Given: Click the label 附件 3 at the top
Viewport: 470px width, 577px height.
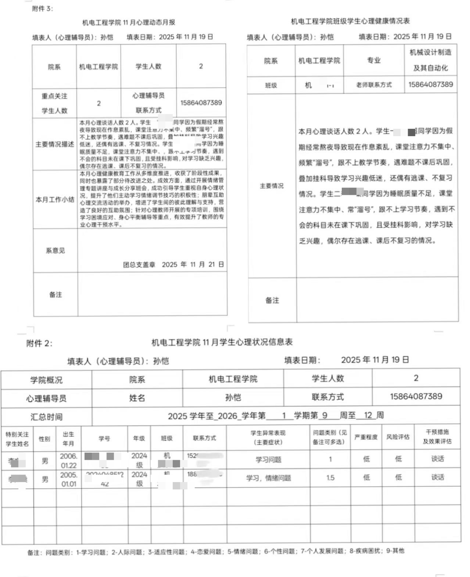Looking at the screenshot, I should pos(42,9).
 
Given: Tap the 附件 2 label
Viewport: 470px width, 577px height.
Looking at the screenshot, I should pos(39,343).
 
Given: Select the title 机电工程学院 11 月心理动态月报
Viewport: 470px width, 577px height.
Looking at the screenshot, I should pos(129,23).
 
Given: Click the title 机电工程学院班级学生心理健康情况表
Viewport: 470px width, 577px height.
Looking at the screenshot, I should pos(350,22).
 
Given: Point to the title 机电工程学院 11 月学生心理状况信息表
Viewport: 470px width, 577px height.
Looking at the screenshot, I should pos(222,342).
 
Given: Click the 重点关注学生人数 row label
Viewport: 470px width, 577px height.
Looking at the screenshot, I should pos(54,103).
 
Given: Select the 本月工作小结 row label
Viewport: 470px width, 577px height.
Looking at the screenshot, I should pos(55,200).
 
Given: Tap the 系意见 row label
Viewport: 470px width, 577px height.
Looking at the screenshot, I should pos(55,250).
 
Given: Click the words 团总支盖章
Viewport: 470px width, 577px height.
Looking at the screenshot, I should pos(139,265).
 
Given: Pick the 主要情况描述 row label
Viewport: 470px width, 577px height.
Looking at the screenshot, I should pos(55,144).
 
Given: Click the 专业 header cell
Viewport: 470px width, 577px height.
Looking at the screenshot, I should pos(374,60).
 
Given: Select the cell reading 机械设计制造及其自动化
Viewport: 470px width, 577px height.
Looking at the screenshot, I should pos(430,60).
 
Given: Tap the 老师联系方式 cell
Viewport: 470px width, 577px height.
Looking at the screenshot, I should pos(374,85).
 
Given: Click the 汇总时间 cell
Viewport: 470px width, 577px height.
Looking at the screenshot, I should pos(46,417).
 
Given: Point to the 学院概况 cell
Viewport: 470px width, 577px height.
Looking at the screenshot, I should pos(46,380).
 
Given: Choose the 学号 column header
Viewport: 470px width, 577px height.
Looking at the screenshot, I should pos(105,439).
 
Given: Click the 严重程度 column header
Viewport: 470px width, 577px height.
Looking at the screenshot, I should pos(366,437).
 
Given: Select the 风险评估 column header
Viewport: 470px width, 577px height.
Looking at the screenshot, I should pos(398,437).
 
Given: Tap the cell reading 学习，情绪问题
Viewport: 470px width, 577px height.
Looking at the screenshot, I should pos(268,478).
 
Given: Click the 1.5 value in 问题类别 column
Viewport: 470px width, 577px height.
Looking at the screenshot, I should pos(330,478).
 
